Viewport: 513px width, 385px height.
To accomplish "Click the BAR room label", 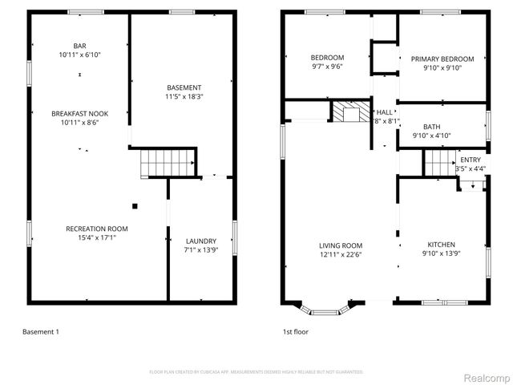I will tap(79, 47).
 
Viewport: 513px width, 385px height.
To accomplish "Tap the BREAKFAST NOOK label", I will tap(79, 113).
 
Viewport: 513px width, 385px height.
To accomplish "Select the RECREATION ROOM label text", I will tap(96, 229).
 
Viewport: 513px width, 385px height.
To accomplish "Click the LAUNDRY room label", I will tap(200, 241).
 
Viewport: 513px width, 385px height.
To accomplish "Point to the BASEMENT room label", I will tap(184, 87).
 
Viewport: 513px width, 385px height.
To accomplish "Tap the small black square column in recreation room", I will tap(135, 206).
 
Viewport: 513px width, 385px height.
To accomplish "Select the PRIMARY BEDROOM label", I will tap(442, 59).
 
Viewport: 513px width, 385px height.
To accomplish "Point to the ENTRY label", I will tap(470, 160).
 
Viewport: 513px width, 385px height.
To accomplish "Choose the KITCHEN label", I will tap(441, 245).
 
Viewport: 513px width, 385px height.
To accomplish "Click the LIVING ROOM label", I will tap(341, 245).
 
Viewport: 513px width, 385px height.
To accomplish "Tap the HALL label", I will tap(385, 112).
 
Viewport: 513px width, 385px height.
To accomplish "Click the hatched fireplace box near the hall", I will tap(348, 111).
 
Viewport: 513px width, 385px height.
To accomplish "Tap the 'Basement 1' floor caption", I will tap(40, 331).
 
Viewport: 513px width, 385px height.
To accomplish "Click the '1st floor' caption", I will tap(295, 331).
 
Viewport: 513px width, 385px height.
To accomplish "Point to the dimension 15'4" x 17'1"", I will tap(96, 237).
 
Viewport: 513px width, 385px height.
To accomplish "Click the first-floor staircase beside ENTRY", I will tap(438, 164).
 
